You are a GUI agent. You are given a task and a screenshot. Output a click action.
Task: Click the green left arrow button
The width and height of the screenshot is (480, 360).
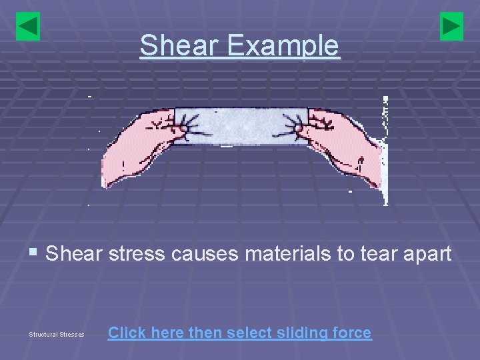coord(28,27)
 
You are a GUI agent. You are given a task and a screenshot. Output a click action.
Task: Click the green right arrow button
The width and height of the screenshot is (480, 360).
coord(451,27)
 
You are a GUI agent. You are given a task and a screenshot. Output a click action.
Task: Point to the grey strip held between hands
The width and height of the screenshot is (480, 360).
coord(240,126)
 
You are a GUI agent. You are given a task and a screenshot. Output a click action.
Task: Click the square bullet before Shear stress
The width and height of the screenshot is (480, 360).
coord(33,254)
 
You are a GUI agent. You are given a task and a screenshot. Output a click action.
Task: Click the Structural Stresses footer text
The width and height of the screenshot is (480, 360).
coord(57,334)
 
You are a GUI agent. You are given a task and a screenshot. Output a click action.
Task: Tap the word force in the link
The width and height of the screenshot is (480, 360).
coord(351,332)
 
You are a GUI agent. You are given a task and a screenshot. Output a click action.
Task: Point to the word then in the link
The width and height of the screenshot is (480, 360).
coord(205,332)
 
